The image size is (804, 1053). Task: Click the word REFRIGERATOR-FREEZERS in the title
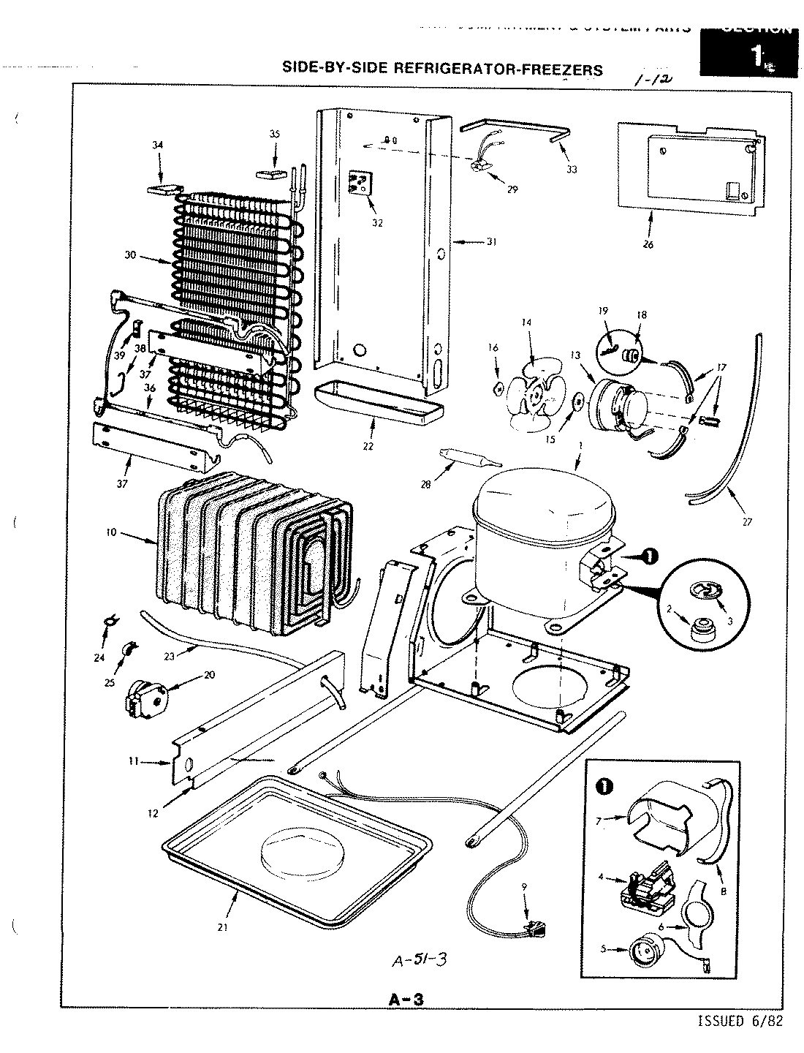498,69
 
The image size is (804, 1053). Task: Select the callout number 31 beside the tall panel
490,241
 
